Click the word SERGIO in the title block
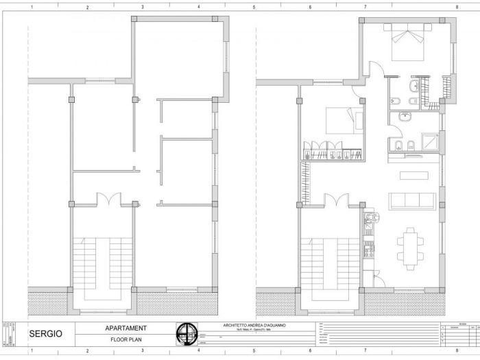click(x=45, y=335)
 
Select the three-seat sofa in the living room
click(x=411, y=201)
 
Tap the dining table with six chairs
click(x=411, y=243)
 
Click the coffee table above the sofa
click(x=413, y=176)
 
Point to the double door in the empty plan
click(x=108, y=200)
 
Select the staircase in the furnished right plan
click(x=330, y=264)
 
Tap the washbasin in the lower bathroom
click(x=405, y=117)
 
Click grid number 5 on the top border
click(x=254, y=8)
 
